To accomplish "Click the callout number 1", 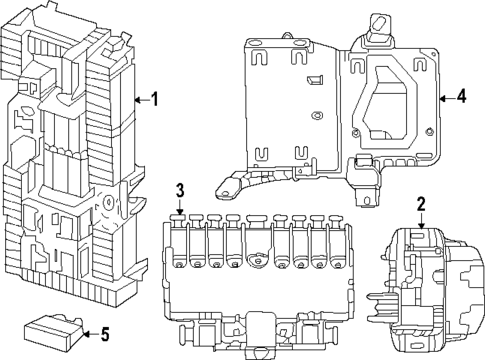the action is [154, 100].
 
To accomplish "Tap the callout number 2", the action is [421, 204].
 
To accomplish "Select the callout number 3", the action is [180, 190].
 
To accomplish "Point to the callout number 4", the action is [461, 96].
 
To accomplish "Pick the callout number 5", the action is [105, 334].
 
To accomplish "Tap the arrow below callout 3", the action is [180, 207].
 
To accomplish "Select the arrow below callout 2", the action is [422, 222].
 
